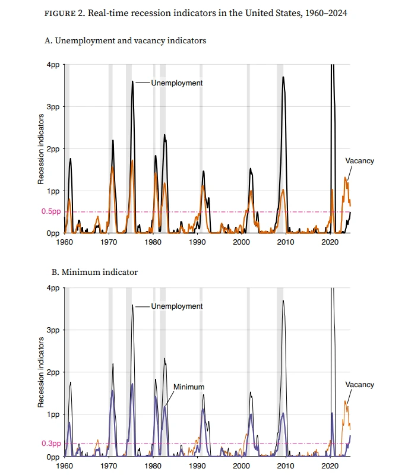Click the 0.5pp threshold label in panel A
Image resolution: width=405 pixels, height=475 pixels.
pyautogui.click(x=50, y=212)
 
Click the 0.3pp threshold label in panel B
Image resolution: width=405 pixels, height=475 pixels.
pyautogui.click(x=50, y=444)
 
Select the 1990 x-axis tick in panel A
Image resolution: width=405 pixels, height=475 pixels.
pyautogui.click(x=197, y=243)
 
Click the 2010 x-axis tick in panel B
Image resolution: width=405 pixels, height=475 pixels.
pyautogui.click(x=286, y=467)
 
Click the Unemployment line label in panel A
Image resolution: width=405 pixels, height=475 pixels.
pyautogui.click(x=176, y=83)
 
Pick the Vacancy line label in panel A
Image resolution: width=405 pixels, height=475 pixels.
pyautogui.click(x=360, y=161)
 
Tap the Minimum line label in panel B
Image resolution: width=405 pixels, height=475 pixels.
pyautogui.click(x=188, y=387)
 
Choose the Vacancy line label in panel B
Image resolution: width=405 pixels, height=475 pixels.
pyautogui.click(x=360, y=385)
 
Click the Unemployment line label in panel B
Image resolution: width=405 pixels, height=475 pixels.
pyautogui.click(x=176, y=306)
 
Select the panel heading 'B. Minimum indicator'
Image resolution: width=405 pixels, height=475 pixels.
pyautogui.click(x=91, y=272)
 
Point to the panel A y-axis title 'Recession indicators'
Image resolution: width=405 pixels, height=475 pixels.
pyautogui.click(x=42, y=148)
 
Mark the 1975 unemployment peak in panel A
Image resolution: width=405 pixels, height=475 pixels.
pyautogui.click(x=132, y=82)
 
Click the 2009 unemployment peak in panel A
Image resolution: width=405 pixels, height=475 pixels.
pyautogui.click(x=283, y=77)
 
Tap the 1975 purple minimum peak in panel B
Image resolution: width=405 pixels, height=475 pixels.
pyautogui.click(x=132, y=384)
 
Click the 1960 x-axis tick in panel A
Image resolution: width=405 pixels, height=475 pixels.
pyautogui.click(x=64, y=243)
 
